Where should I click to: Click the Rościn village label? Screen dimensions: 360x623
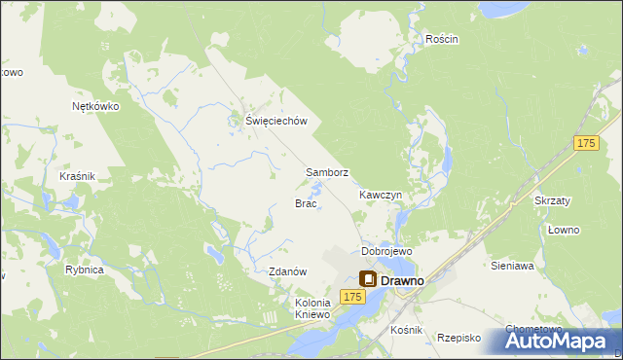click(441, 39)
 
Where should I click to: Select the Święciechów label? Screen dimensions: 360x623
click(276, 121)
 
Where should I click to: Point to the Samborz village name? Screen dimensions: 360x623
click(327, 172)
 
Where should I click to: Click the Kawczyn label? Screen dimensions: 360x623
click(380, 195)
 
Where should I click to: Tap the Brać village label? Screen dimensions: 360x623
click(306, 203)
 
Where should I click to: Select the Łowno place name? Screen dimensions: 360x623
click(563, 230)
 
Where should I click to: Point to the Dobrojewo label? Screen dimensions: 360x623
click(386, 251)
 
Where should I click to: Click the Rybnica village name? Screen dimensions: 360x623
click(84, 270)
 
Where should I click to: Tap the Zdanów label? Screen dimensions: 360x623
click(288, 271)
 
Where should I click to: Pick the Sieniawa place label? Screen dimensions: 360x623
click(513, 265)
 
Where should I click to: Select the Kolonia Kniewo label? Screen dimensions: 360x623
click(313, 308)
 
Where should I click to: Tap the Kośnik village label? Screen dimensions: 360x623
click(406, 330)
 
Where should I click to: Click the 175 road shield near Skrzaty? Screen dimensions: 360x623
click(584, 144)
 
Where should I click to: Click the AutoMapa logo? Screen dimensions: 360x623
click(558, 341)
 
